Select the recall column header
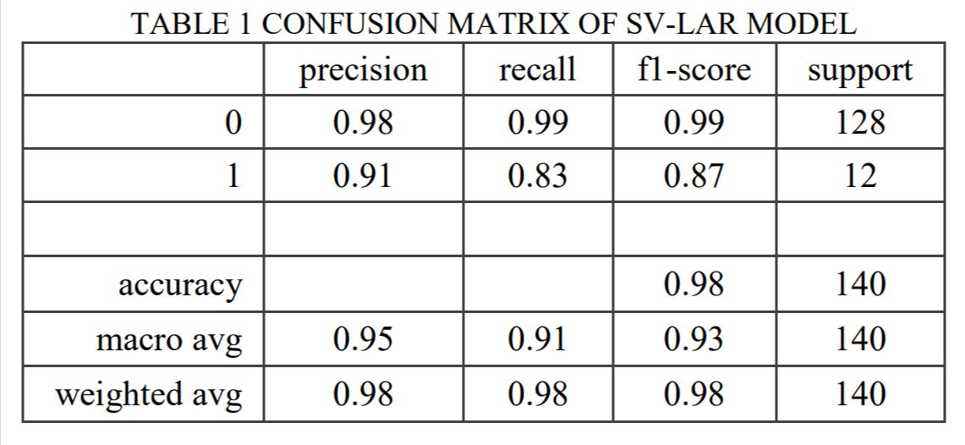pyautogui.click(x=538, y=70)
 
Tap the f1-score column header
pyautogui.click(x=694, y=70)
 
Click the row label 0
pyautogui.click(x=233, y=124)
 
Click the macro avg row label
pyautogui.click(x=170, y=340)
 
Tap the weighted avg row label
pyautogui.click(x=149, y=394)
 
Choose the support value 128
pyautogui.click(x=859, y=124)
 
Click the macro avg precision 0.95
pyautogui.click(x=363, y=340)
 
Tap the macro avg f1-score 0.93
pyautogui.click(x=694, y=340)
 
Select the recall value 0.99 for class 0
pyautogui.click(x=538, y=124)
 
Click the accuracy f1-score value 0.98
pyautogui.click(x=694, y=284)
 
